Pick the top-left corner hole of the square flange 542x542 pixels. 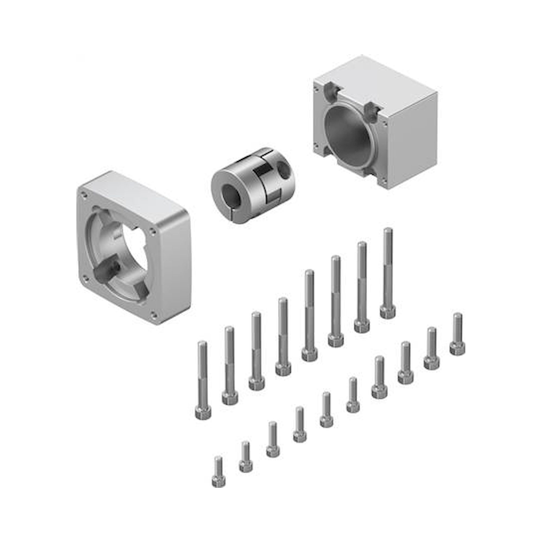tap(83, 193)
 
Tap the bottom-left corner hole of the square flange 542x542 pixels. tap(86, 278)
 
